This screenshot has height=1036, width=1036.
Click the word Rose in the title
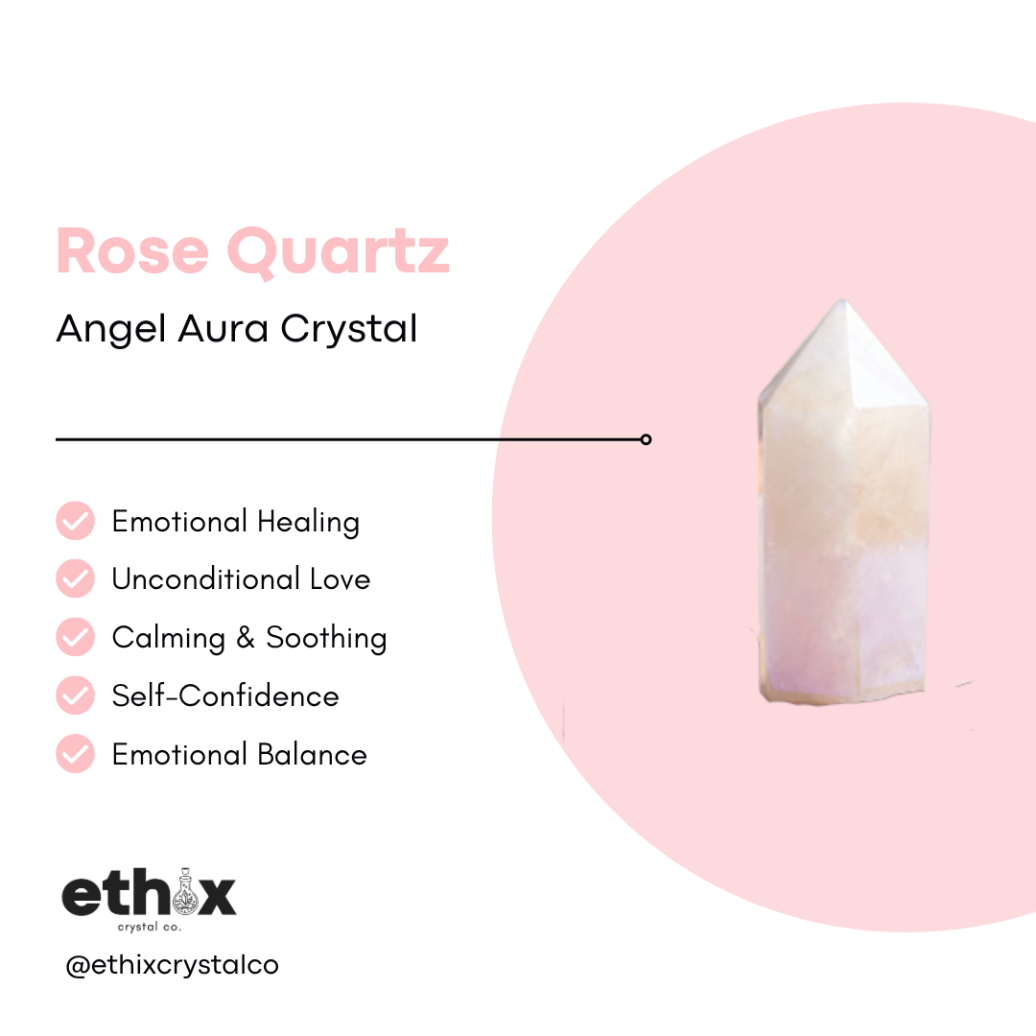(x=131, y=251)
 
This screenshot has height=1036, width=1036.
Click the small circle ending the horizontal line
(x=646, y=439)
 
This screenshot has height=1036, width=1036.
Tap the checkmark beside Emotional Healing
(x=76, y=522)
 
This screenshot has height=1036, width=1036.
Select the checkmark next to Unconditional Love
(x=76, y=579)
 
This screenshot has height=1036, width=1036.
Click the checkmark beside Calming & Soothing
(x=76, y=638)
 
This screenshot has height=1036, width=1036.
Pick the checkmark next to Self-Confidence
(x=76, y=695)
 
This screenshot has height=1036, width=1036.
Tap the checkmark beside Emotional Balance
(x=76, y=754)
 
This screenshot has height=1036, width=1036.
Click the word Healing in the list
(x=308, y=523)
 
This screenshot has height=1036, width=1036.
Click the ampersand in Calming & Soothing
(x=247, y=638)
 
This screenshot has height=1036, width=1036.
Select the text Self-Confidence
(x=225, y=695)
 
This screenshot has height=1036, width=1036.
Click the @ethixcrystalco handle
(x=173, y=965)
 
